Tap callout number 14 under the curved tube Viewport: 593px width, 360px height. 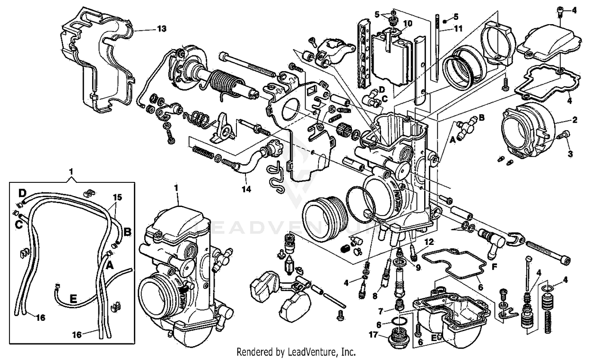click(246, 189)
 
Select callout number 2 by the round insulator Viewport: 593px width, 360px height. click(575, 119)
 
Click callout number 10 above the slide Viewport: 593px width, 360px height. click(407, 23)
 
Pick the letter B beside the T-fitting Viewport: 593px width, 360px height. click(482, 117)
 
